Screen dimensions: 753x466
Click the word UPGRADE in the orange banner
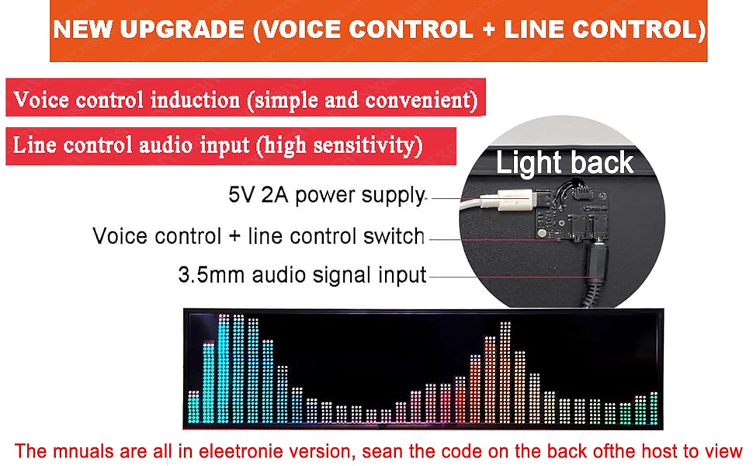click(x=182, y=30)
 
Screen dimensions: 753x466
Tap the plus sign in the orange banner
click(x=488, y=30)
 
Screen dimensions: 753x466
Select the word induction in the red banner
click(x=195, y=100)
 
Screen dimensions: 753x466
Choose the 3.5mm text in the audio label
click(x=211, y=275)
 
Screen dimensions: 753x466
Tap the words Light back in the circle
click(x=564, y=162)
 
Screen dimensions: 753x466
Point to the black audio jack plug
click(x=597, y=266)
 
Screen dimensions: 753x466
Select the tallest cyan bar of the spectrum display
click(x=224, y=368)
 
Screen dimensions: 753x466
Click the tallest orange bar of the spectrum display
click(x=505, y=373)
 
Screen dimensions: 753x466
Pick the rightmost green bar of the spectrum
click(x=654, y=409)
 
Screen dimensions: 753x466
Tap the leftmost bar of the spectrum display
click(x=193, y=408)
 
